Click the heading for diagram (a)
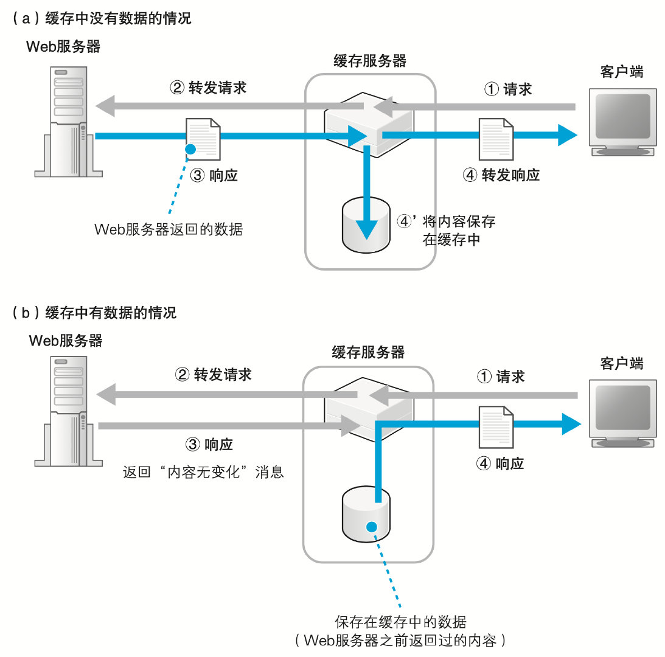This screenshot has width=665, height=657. (101, 19)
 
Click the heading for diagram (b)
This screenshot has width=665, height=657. (94, 313)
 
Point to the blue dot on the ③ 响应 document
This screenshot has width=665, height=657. (191, 148)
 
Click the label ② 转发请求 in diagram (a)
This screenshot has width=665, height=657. (207, 88)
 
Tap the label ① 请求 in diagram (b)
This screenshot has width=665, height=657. (500, 377)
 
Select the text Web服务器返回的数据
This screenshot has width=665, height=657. (169, 229)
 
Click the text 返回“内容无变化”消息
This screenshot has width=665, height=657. (203, 472)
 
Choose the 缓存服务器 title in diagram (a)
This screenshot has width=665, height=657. (370, 61)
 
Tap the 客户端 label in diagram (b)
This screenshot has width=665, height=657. (621, 363)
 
